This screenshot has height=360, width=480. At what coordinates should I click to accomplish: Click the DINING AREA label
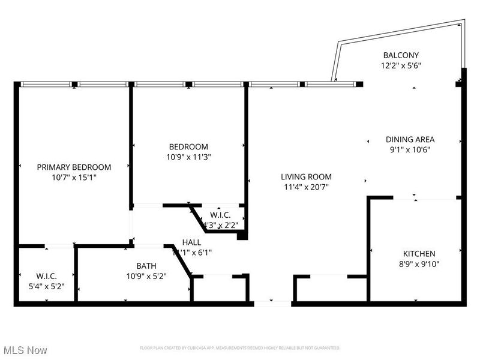click(410, 140)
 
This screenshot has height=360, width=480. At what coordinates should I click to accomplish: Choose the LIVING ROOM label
click(306, 176)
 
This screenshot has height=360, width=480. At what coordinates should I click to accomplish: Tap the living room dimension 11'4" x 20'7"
click(306, 187)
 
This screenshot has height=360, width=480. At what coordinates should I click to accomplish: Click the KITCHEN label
click(419, 254)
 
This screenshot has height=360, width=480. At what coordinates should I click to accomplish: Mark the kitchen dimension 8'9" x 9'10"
click(419, 264)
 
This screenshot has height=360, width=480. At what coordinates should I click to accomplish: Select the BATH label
click(146, 265)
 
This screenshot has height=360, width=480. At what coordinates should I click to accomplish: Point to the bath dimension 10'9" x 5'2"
click(146, 275)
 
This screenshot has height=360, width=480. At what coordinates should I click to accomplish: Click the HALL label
click(191, 242)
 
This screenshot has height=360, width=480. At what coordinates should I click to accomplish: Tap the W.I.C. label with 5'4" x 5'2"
click(46, 276)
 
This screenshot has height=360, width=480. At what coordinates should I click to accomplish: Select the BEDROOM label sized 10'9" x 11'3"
click(188, 146)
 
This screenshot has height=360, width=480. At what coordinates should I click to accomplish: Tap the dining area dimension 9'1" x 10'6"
click(410, 150)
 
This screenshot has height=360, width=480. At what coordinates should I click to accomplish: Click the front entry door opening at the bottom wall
click(272, 303)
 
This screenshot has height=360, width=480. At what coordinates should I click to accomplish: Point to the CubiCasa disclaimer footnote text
click(240, 348)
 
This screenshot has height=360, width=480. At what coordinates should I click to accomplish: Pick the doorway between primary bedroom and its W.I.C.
click(59, 245)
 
